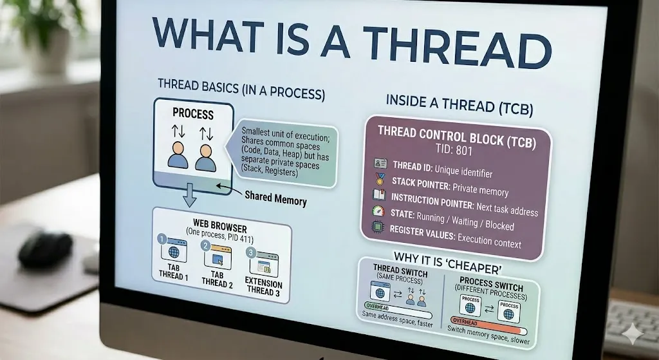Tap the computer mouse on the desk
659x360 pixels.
(45, 249)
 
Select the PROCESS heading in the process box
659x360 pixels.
(193, 114)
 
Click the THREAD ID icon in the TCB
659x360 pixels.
(380, 165)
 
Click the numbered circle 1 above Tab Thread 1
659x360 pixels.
(162, 240)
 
